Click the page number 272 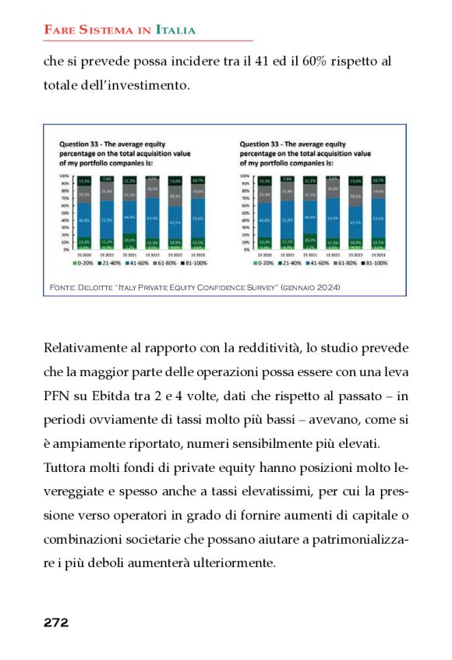coord(56,623)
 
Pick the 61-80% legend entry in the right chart coord(330,263)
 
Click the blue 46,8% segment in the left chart coord(83,222)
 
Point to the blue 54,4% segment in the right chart coord(332,218)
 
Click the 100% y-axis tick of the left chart coord(65,176)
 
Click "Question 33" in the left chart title coord(80,144)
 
